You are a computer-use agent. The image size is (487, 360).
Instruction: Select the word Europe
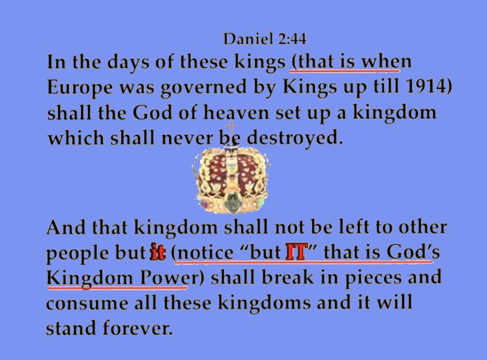[80, 88]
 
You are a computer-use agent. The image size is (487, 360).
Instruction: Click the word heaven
[236, 112]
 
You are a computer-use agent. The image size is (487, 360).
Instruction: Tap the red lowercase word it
[158, 252]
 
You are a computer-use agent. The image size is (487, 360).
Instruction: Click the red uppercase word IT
[297, 251]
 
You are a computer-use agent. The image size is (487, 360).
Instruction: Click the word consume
[87, 303]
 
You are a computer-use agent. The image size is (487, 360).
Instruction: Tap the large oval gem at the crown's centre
[232, 202]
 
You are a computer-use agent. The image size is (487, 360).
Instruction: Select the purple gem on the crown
[205, 205]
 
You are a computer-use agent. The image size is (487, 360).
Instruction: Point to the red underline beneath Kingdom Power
[118, 287]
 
